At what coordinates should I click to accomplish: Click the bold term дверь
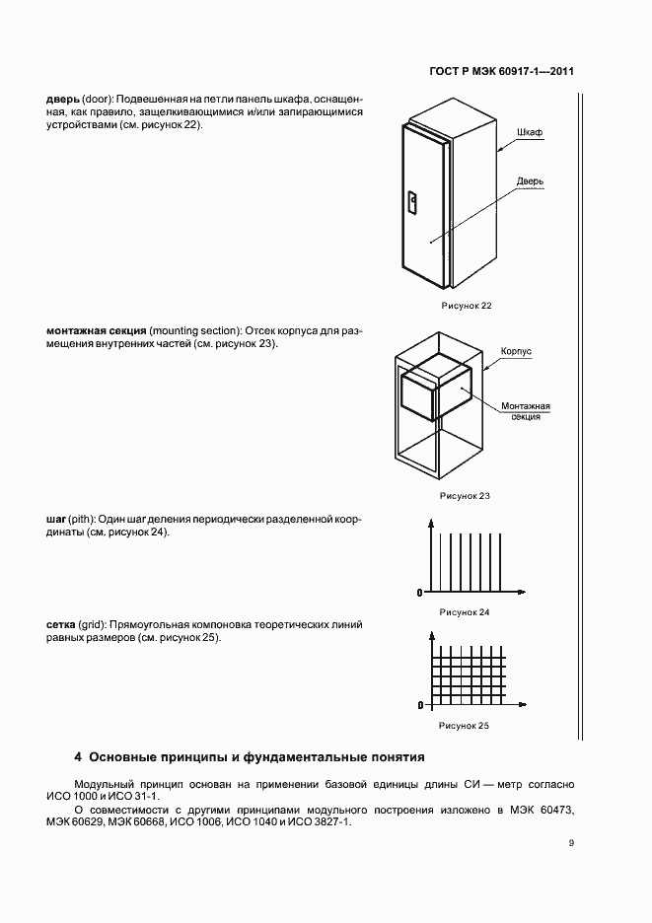[x=63, y=100]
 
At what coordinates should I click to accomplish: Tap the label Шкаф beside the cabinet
[x=530, y=132]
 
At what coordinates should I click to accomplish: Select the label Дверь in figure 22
[x=531, y=181]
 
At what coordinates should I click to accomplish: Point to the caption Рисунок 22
[x=466, y=306]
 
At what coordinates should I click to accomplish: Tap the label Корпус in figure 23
[x=516, y=351]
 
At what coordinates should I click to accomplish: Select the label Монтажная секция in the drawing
[x=526, y=411]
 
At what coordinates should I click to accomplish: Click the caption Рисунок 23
[x=465, y=495]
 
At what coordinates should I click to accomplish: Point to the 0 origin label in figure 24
[x=420, y=593]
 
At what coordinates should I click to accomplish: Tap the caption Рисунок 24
[x=465, y=612]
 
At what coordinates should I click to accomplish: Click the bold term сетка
[x=63, y=624]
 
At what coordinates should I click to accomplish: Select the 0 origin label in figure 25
[x=420, y=706]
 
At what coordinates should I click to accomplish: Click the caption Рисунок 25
[x=465, y=726]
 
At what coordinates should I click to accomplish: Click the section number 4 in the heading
[x=78, y=758]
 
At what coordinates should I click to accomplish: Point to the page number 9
[x=571, y=843]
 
